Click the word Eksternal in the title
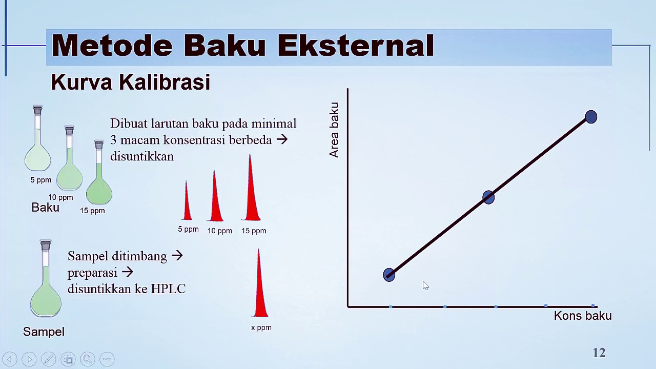tap(355, 46)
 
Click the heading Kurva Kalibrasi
tap(130, 82)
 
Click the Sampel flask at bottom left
tap(46, 292)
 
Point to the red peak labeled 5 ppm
tap(187, 205)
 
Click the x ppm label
tap(261, 327)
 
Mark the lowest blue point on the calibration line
tap(389, 275)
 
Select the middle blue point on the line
tap(488, 197)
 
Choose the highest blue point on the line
tap(590, 117)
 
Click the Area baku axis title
tap(334, 130)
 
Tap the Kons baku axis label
tap(582, 316)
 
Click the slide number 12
tap(599, 353)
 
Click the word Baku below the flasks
tap(45, 208)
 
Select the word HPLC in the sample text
tap(168, 289)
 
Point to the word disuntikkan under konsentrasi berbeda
tap(141, 156)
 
